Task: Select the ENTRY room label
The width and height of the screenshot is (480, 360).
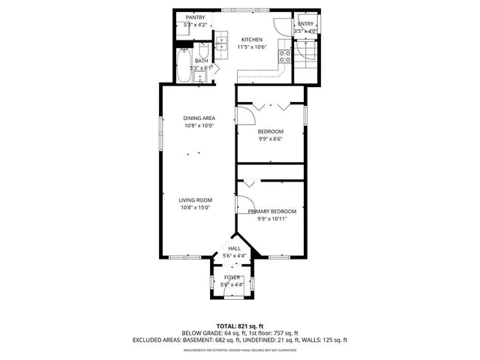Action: (x=306, y=24)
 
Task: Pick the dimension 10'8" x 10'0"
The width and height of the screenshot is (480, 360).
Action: (x=199, y=126)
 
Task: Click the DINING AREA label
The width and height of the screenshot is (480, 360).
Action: (x=199, y=118)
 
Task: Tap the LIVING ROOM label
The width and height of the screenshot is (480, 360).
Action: (x=195, y=199)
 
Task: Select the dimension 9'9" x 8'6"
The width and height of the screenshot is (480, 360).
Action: (x=270, y=138)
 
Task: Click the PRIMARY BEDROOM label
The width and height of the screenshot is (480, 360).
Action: (x=272, y=211)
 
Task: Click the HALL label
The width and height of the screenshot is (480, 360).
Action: (x=234, y=248)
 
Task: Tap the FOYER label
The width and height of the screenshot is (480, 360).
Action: (x=232, y=277)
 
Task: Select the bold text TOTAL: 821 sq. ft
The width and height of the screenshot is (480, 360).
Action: (x=239, y=326)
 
